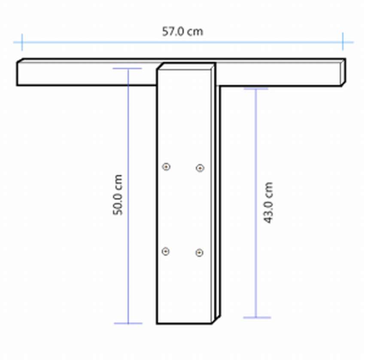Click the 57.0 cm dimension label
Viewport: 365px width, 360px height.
click(x=182, y=31)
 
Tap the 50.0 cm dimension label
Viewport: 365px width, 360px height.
click(x=118, y=195)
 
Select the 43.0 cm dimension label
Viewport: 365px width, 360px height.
click(x=268, y=203)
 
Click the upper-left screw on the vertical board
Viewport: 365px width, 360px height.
click(x=166, y=166)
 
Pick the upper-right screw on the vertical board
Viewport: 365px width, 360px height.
click(x=200, y=168)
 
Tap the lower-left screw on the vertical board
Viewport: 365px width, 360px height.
click(x=165, y=251)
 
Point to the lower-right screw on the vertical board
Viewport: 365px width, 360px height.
click(x=200, y=253)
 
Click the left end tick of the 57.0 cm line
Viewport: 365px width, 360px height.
click(x=22, y=42)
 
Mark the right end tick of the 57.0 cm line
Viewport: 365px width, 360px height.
click(x=343, y=42)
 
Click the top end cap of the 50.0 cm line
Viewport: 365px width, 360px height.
click(x=127, y=68)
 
